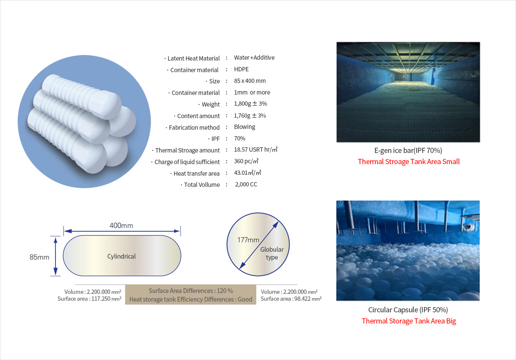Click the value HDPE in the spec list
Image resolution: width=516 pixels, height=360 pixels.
241,69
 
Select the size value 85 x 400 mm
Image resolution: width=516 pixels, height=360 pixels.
250,81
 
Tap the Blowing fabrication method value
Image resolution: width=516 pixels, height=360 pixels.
244,127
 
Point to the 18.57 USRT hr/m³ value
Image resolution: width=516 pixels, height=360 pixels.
256,149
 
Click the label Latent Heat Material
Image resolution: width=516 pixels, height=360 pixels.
193,58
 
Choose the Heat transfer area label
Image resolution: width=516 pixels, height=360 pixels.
197,174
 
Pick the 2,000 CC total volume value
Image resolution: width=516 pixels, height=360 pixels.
246,184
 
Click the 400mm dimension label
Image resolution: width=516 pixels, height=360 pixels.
121,226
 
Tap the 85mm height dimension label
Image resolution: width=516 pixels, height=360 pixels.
40,257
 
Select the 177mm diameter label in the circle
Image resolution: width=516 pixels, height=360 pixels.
249,240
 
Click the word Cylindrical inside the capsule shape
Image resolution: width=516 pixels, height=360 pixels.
121,256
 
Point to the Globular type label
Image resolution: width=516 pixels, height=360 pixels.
272,253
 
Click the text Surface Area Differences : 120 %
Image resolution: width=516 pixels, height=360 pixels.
191,291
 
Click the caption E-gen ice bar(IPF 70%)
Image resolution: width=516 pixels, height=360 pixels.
408,150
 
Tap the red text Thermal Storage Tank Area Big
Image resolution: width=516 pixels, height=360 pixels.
409,321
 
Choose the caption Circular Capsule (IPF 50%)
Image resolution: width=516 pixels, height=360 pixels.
408,310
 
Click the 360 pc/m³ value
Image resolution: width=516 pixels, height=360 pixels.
246,161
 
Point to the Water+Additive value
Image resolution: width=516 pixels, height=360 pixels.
254,58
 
